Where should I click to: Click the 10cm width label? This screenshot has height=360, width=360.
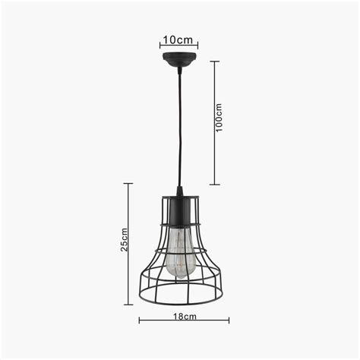click(179, 38)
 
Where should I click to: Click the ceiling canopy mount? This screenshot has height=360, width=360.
click(180, 58)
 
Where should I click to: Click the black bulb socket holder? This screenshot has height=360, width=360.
click(180, 211)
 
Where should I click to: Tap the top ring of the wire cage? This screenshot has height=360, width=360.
click(180, 198)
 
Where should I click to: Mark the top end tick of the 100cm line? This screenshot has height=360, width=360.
click(216, 61)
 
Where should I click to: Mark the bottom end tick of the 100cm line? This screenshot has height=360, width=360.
click(216, 184)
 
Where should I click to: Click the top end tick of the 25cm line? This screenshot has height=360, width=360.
click(128, 184)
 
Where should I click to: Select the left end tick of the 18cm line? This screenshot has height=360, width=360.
click(139, 320)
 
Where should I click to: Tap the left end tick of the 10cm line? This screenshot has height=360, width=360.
click(160, 45)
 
